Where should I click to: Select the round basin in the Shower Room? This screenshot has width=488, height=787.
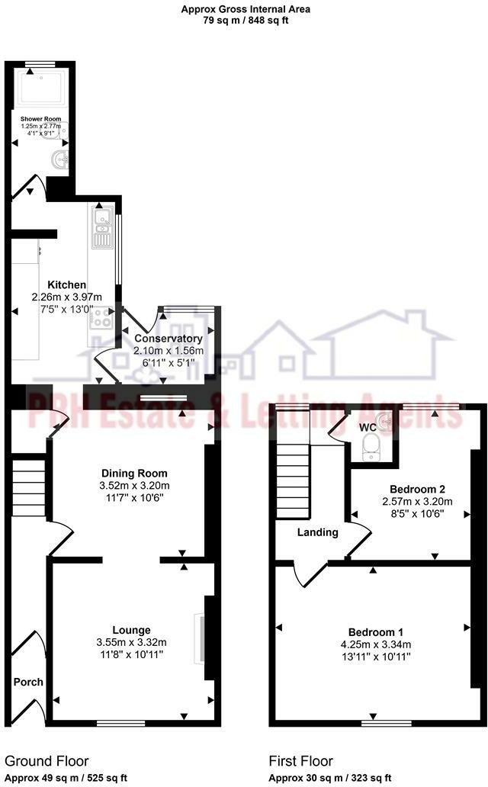coord(59,159)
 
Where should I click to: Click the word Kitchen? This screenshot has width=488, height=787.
coord(66,284)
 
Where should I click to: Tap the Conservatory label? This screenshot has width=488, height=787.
coord(169,339)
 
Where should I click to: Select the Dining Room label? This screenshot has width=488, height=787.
coord(134,473)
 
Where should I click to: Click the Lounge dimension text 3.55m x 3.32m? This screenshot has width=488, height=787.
coord(132,642)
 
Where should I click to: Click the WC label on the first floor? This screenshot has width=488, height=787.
coord(368,428)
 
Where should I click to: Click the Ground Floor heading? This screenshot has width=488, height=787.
coord(47,760)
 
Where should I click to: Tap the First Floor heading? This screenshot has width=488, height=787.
coord(300,760)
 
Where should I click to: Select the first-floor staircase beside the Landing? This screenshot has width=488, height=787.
coord(291,474)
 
